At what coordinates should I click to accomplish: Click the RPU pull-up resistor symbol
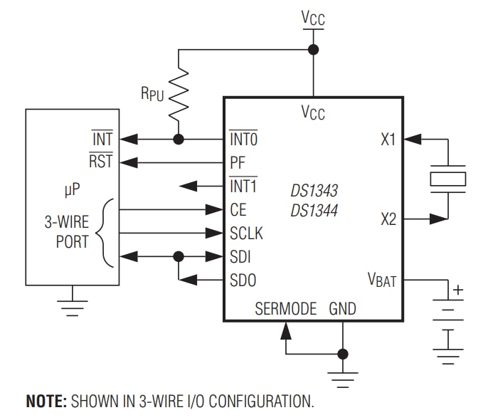point(179,94)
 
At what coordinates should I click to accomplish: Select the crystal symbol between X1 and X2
point(447,178)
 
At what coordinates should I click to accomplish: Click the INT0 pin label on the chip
point(243,140)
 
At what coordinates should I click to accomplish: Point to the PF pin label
point(238,162)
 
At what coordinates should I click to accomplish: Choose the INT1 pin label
point(243,186)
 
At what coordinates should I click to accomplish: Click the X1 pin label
point(388,140)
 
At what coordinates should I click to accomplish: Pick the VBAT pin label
point(381,280)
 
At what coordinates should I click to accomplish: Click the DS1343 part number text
point(314,191)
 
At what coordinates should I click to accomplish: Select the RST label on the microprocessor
point(100,162)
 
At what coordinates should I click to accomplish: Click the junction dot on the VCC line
point(312,49)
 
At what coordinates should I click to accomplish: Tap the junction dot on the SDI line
point(179,256)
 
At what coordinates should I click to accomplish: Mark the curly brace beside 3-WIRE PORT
point(107,233)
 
